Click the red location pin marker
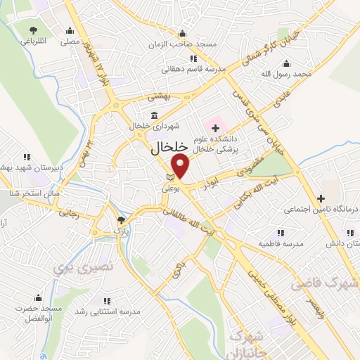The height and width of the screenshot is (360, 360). point(181,166)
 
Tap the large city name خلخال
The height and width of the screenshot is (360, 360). point(171,148)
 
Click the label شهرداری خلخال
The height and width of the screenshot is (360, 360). point(155,126)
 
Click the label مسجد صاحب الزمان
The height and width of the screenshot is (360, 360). point(182,44)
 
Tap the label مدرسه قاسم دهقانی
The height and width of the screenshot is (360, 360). point(191,69)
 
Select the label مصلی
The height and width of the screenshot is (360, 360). point(69,41)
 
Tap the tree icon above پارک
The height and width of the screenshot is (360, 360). point(120,220)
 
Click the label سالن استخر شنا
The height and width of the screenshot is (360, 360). point(23,193)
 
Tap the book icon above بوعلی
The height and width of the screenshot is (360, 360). point(169,176)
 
